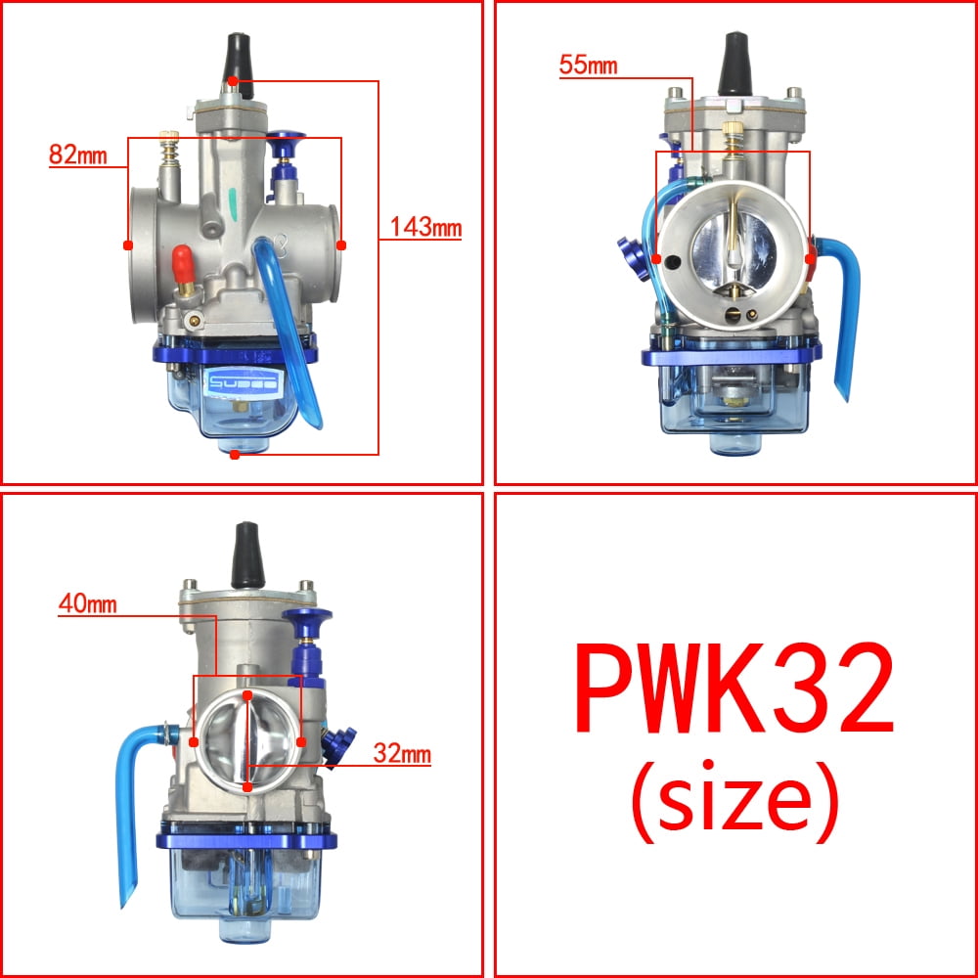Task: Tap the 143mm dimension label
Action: (x=424, y=228)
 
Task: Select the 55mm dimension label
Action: (x=588, y=66)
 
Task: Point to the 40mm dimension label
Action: (x=87, y=603)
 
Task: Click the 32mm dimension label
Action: (x=401, y=754)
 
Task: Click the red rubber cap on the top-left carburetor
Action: (x=180, y=262)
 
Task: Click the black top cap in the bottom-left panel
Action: (x=246, y=552)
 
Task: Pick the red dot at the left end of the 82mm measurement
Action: (x=128, y=244)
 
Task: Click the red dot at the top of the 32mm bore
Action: (x=248, y=695)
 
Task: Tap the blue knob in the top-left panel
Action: (x=286, y=145)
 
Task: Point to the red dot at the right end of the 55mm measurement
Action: (x=810, y=258)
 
